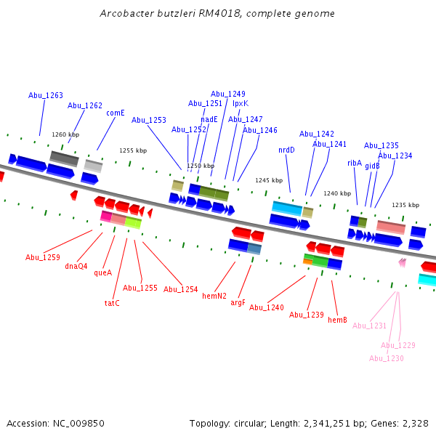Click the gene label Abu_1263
click(46, 95)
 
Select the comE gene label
click(116, 113)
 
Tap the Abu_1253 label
click(149, 120)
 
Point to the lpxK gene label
click(241, 103)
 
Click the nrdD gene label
click(286, 150)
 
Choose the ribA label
click(355, 163)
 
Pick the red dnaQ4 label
click(76, 266)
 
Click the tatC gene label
click(112, 303)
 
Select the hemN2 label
click(214, 296)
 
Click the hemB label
click(337, 320)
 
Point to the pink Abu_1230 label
click(387, 358)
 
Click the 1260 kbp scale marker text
click(65, 134)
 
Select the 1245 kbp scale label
click(268, 180)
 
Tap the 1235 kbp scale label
click(405, 205)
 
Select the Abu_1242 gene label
click(317, 134)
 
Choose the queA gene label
click(103, 272)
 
